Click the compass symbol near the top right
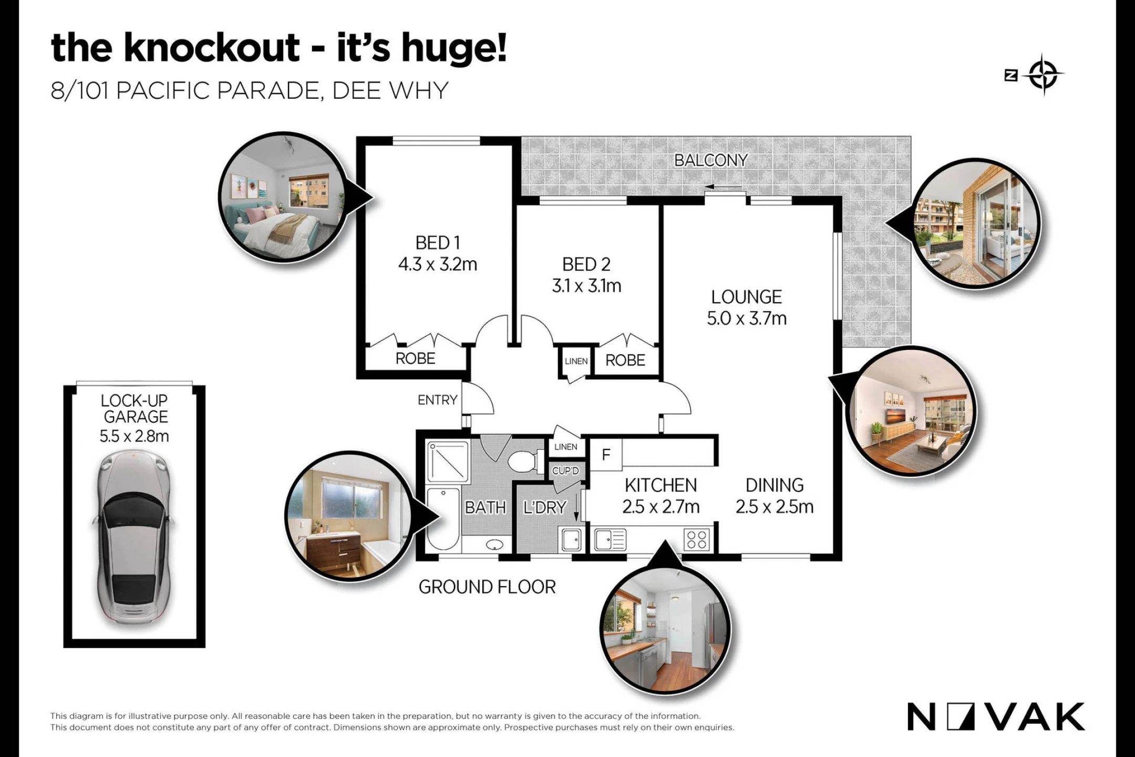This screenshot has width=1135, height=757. click(1044, 75)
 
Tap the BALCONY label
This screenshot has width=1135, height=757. click(710, 160)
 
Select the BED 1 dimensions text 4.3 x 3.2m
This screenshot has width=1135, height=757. click(438, 264)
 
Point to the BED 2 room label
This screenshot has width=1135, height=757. click(586, 264)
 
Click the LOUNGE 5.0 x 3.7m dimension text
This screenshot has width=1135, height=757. click(747, 318)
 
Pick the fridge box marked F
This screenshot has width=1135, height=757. click(606, 454)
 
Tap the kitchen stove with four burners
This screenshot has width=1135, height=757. click(697, 539)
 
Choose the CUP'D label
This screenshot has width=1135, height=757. click(565, 470)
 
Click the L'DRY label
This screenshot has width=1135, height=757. click(545, 507)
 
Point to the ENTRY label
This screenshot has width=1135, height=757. click(437, 400)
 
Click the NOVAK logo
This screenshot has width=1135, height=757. click(996, 717)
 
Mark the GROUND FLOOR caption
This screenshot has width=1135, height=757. click(487, 587)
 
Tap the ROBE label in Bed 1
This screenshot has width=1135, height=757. click(415, 359)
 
